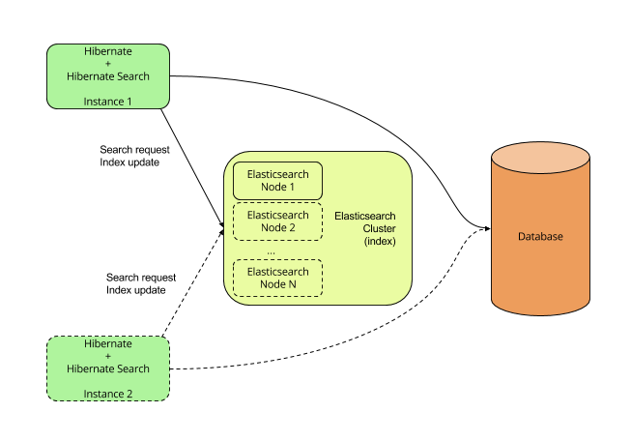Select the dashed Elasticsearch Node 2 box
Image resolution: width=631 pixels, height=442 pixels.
[x=278, y=221]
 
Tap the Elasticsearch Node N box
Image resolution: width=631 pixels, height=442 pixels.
[x=278, y=278]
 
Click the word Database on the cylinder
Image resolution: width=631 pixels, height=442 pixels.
[x=539, y=237]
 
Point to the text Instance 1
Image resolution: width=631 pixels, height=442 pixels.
[x=108, y=101]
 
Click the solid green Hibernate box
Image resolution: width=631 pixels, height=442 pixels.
[x=108, y=75]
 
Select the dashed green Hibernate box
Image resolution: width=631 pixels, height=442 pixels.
[x=108, y=368]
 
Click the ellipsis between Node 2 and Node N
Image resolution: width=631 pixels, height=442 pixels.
[x=272, y=250]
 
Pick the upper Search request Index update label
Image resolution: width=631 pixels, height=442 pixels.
[x=129, y=156]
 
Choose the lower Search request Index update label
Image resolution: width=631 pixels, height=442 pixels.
[x=135, y=283]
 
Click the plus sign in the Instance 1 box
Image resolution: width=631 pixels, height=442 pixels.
[x=108, y=63]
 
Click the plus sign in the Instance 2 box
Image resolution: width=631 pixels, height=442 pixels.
[x=108, y=356]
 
